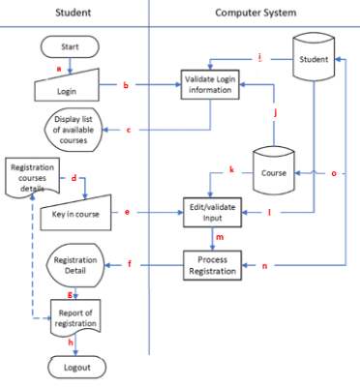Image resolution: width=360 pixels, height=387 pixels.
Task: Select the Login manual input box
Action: [x=69, y=90]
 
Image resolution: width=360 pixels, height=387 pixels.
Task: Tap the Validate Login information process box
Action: [x=209, y=84]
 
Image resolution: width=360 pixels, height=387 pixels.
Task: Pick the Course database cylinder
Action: [x=275, y=171]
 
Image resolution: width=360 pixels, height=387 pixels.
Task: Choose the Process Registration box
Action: [x=211, y=264]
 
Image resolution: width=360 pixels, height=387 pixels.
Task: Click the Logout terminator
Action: [x=76, y=368]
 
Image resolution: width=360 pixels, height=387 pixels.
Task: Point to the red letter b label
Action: [x=125, y=86]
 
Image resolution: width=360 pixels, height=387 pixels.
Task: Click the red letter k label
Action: [x=231, y=170]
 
